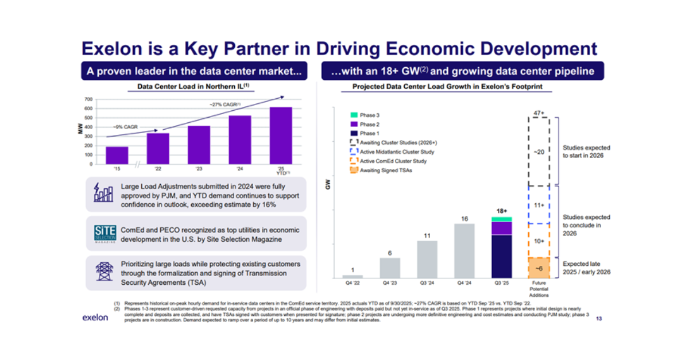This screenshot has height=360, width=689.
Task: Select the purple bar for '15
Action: (x=117, y=155)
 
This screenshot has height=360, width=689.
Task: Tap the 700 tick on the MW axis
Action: (x=88, y=99)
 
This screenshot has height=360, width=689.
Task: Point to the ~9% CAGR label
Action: (x=125, y=126)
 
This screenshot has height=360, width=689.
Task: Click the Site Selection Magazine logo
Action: (x=105, y=233)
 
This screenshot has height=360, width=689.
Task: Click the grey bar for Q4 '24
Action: (x=465, y=250)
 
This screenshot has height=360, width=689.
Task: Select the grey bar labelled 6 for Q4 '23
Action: (x=390, y=268)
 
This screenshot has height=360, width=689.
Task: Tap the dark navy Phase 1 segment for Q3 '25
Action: (x=502, y=256)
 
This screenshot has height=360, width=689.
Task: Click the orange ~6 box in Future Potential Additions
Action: (x=539, y=268)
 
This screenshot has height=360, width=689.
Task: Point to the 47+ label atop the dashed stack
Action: (x=538, y=113)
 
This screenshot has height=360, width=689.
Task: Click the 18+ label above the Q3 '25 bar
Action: (x=502, y=211)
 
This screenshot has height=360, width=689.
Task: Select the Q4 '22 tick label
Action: (x=353, y=283)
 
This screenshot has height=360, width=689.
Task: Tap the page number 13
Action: (x=599, y=319)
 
